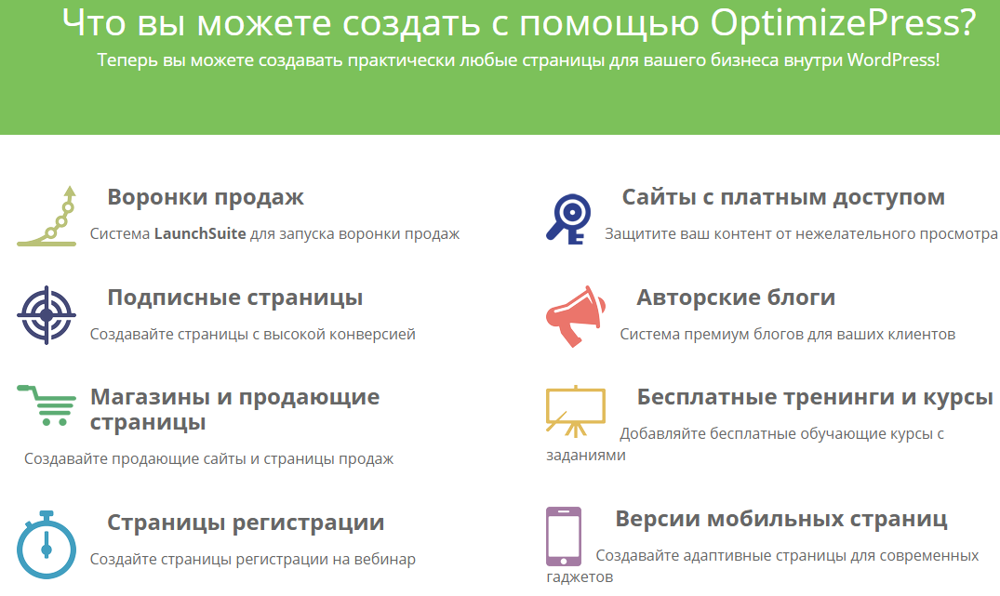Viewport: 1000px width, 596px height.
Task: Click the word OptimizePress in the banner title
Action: coord(843,24)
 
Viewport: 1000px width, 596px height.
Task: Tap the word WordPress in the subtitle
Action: coord(893,60)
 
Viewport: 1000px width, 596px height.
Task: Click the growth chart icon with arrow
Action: coord(47,216)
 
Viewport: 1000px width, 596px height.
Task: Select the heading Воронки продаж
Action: coord(206,197)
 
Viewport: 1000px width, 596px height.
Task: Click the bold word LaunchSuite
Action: coord(200,234)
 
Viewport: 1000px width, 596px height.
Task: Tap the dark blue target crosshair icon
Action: coord(47,315)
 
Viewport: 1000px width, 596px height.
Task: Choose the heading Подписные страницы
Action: coord(235,298)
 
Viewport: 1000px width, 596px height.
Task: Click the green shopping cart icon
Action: coord(47,405)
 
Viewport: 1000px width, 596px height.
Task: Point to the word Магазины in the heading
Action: coord(151,397)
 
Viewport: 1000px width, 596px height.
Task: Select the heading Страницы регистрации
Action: coord(246,523)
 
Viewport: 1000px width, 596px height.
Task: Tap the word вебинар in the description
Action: coord(385,559)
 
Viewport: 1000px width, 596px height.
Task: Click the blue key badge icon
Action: coord(569,219)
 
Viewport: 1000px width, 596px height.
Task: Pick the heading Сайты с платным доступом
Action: coord(783,197)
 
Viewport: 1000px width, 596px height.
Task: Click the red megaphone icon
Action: coord(575,316)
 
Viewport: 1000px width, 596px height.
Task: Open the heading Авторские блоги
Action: coord(736,297)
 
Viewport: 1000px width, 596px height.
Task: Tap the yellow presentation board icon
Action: coord(576,411)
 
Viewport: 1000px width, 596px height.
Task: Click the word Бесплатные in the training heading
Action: coord(707,397)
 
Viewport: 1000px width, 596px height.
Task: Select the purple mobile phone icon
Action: coord(564,536)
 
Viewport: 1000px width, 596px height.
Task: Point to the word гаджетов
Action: coord(580,577)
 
